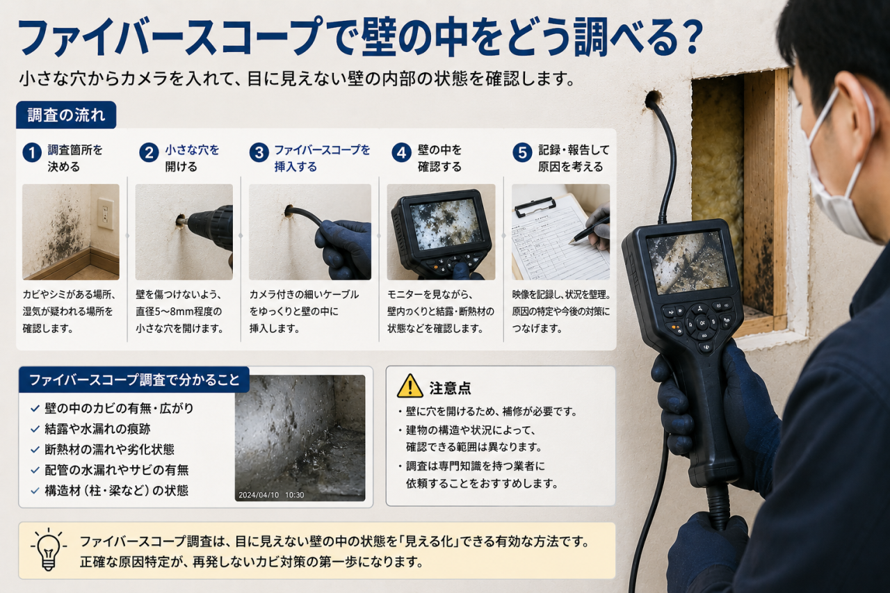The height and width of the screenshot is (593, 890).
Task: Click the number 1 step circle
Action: click(x=32, y=152)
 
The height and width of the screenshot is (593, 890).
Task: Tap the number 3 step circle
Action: click(x=259, y=152)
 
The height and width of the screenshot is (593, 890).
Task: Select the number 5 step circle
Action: click(x=522, y=152)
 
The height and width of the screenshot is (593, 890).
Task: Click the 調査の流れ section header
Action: click(x=66, y=115)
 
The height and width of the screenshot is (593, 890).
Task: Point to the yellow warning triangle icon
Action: click(x=410, y=386)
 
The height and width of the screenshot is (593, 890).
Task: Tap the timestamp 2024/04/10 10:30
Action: click(x=271, y=495)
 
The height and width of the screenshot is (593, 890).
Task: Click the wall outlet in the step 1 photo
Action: click(x=105, y=215)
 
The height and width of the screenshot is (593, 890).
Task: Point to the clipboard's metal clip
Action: click(x=535, y=208)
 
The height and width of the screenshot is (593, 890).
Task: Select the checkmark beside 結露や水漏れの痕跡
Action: click(x=35, y=430)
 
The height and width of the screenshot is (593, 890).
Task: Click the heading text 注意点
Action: click(x=450, y=388)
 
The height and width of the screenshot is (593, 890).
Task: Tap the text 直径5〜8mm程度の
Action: click(x=179, y=311)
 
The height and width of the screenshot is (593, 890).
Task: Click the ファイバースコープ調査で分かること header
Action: click(x=134, y=380)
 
